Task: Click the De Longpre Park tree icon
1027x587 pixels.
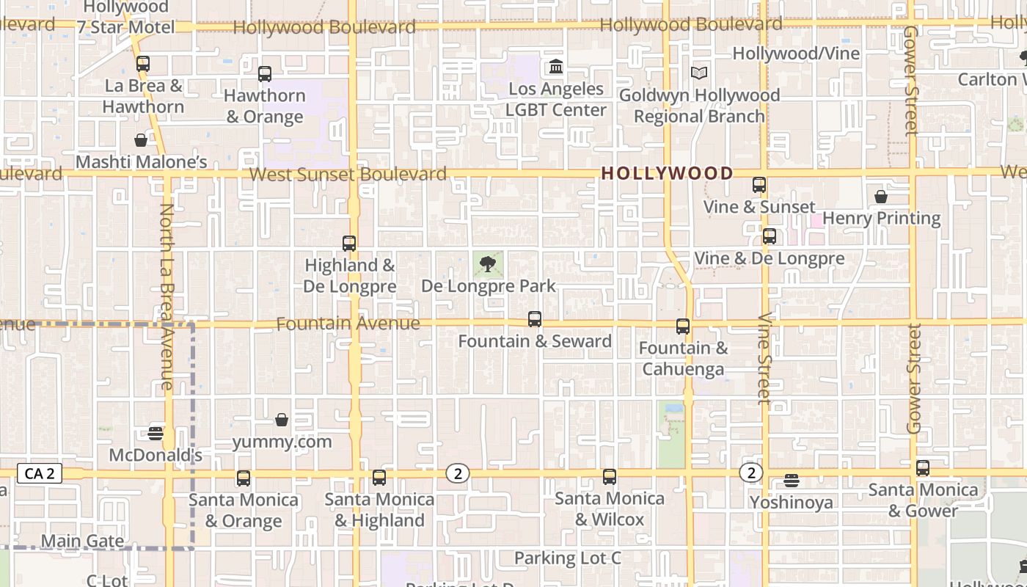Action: coord(487,264)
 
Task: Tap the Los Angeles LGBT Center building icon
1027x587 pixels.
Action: coord(556,68)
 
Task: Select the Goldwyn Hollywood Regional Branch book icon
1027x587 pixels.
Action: coord(699,73)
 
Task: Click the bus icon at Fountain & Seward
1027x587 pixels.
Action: coord(535,319)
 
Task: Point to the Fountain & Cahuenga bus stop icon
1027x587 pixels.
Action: coord(683,327)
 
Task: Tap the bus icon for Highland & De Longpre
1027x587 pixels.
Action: coord(349,243)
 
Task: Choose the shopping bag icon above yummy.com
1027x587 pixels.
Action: coord(282,420)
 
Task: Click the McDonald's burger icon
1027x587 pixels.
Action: coord(155,433)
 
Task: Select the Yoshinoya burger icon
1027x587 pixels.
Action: coord(791,481)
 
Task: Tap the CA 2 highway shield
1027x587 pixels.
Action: coord(40,473)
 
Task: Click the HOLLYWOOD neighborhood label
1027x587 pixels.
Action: coord(667,174)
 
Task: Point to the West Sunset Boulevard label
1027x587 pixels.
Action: coord(348,175)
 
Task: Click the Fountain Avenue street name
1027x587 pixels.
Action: coord(348,324)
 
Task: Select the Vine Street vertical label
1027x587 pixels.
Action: coord(764,358)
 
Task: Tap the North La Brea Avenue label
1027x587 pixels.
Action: coord(167,296)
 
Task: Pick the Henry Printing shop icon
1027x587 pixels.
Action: coord(881,197)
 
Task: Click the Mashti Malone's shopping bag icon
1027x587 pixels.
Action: coord(141,139)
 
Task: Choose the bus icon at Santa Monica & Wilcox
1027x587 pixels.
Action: coord(610,477)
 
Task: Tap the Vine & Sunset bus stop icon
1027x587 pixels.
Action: coord(759,185)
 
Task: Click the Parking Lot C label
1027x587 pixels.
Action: coord(567,558)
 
